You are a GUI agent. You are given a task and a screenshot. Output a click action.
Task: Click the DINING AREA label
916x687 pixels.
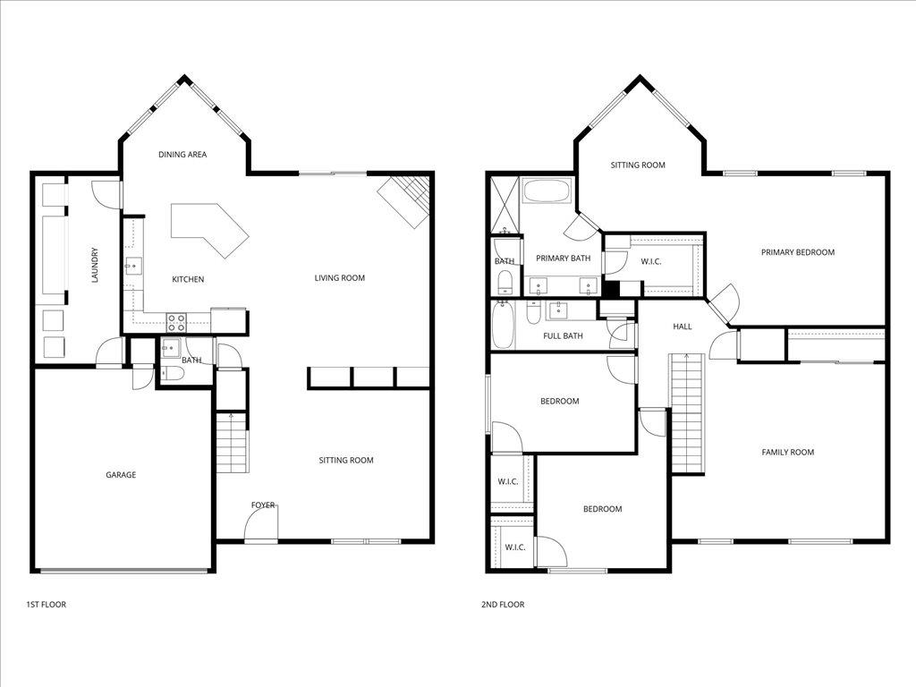182,155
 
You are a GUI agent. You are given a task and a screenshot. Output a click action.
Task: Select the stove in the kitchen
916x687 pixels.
176,323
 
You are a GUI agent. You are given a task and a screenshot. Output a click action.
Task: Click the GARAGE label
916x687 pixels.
121,475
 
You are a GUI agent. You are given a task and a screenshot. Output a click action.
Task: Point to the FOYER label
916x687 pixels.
263,505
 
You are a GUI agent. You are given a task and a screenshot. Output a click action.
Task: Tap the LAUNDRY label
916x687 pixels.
95,265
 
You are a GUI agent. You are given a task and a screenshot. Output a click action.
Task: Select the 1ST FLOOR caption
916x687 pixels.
47,605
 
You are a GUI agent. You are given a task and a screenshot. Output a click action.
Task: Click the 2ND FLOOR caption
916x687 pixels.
503,605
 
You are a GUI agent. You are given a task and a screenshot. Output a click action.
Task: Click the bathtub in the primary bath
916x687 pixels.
547,191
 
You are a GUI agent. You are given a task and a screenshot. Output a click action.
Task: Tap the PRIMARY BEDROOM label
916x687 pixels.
798,252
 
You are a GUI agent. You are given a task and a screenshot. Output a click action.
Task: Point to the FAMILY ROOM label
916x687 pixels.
788,452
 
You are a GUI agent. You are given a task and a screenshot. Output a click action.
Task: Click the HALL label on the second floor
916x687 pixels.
683,327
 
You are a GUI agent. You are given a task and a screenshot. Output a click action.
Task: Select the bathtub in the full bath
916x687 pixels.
503,325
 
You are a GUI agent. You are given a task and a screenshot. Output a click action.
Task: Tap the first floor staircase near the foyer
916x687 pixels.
233,442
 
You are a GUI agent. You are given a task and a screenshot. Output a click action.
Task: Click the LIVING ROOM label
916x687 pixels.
339,278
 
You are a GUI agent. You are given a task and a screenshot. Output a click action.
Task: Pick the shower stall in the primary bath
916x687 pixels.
505,204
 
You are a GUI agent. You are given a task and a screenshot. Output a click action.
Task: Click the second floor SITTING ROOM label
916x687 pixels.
638,165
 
